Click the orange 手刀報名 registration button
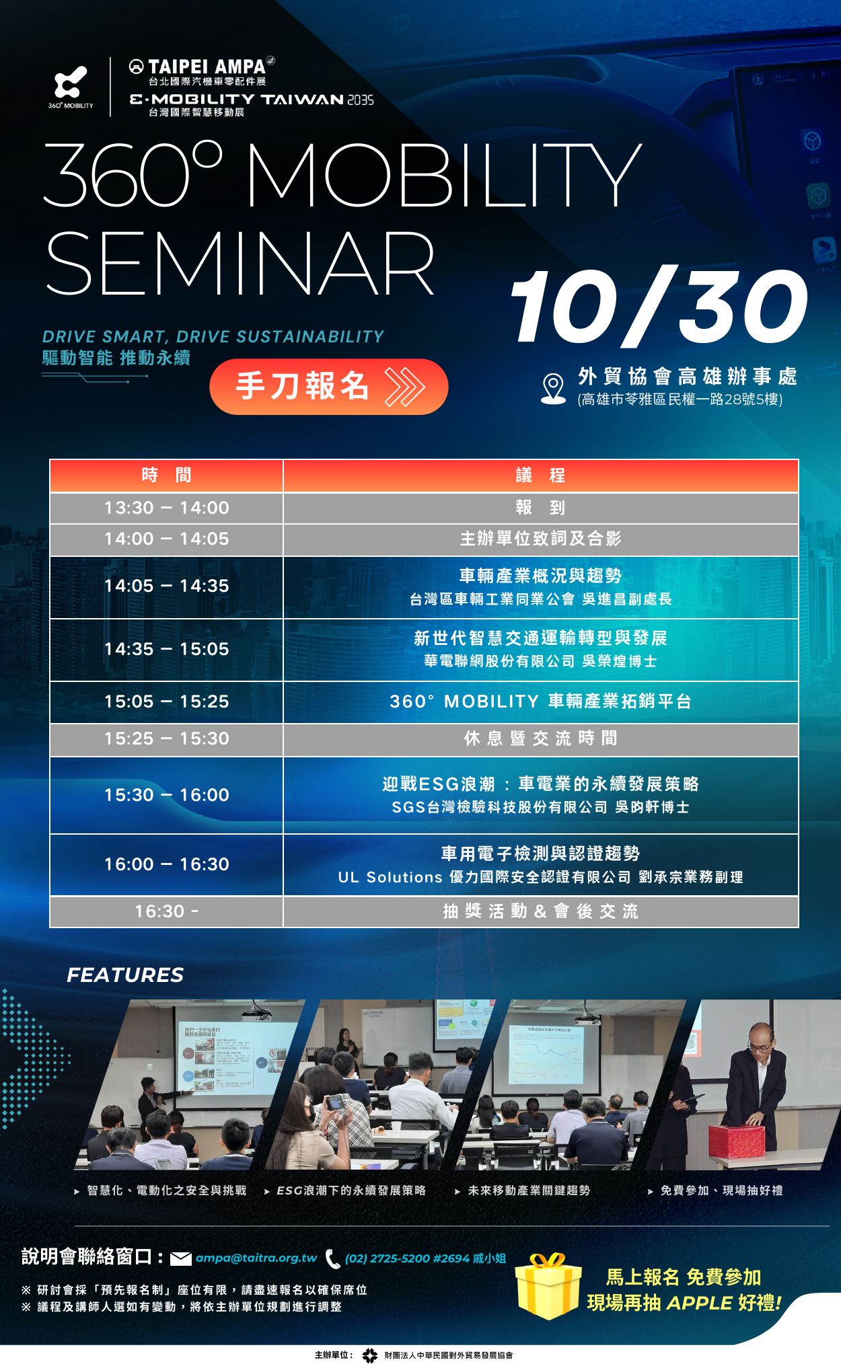click(328, 387)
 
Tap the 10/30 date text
click(659, 307)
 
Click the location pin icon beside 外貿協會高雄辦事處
click(553, 389)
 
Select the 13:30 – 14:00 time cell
click(166, 508)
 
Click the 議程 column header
click(540, 476)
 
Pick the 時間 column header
click(166, 476)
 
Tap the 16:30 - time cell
click(166, 911)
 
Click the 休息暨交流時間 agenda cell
click(540, 738)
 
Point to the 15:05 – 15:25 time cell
click(166, 701)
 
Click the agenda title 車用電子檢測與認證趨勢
click(540, 854)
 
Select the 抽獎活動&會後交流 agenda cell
click(540, 911)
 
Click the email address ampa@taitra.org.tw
click(256, 1258)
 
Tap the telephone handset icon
click(332, 1258)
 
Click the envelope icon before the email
click(181, 1258)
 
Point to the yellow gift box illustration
click(548, 1285)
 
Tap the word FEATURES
click(125, 975)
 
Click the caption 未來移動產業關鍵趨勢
click(529, 1190)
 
